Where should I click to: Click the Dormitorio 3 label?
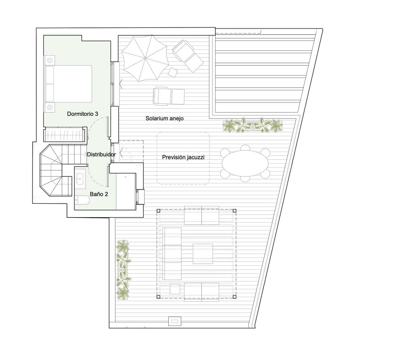(83, 114)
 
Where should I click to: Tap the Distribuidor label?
(101, 154)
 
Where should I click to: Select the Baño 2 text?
(99, 194)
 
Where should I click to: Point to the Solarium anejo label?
(165, 118)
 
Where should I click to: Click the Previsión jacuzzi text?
(183, 157)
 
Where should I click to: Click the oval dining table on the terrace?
(245, 163)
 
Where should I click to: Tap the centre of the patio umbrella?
(145, 58)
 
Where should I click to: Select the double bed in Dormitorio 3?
(68, 84)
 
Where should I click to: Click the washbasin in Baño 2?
(80, 179)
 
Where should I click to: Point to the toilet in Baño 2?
(82, 200)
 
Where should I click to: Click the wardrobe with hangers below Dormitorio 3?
(65, 134)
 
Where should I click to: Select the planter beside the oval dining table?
(252, 125)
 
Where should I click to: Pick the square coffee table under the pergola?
(203, 254)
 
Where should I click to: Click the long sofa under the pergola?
(172, 254)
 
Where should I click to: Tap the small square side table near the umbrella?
(173, 72)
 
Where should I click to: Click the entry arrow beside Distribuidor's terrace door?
(121, 153)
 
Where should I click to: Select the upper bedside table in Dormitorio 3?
(50, 60)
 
